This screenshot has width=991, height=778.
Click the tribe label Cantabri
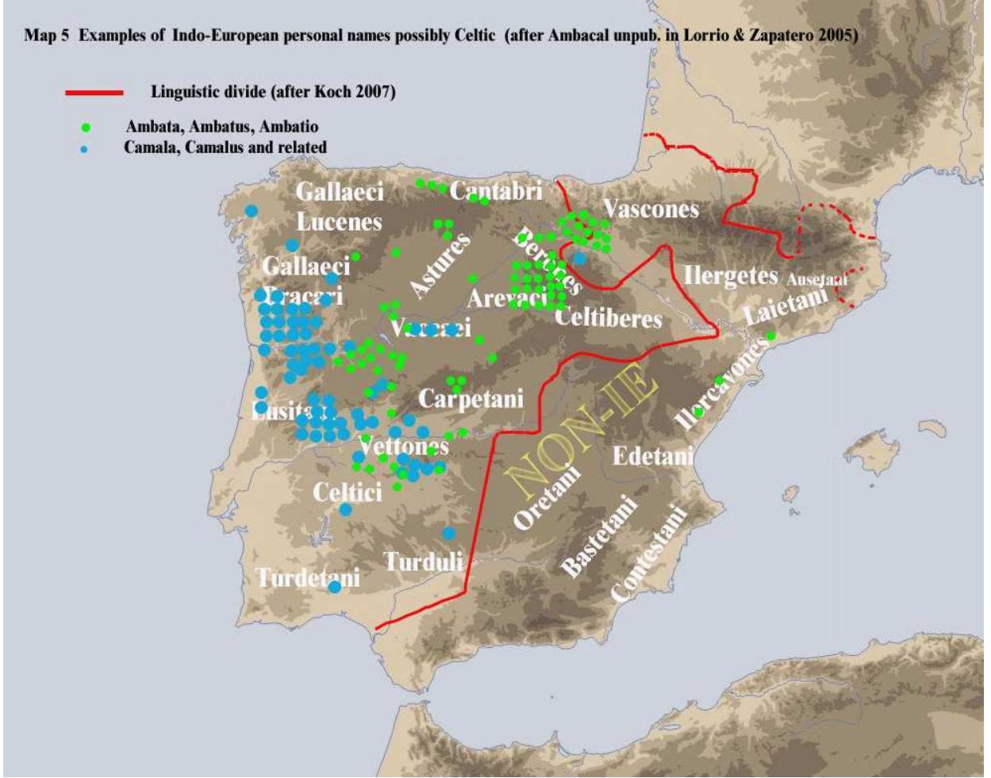[x=496, y=191]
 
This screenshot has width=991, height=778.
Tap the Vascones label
[x=651, y=209]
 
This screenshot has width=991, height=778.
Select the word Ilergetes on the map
[x=731, y=276]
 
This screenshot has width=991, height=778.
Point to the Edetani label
[x=653, y=456]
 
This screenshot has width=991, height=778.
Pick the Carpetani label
[x=471, y=398]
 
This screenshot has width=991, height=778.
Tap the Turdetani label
[x=308, y=577]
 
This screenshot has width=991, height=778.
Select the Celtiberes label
[x=608, y=318]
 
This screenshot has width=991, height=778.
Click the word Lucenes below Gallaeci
[x=339, y=222]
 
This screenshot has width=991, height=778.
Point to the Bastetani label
[x=599, y=535]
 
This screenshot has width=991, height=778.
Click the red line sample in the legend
[x=94, y=93]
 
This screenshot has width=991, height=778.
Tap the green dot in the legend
[x=86, y=127]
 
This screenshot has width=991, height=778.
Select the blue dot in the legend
[x=84, y=148]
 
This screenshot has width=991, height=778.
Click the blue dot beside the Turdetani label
[x=335, y=587]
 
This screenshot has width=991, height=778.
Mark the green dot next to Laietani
[x=770, y=335]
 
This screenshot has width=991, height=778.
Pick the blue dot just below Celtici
[x=346, y=509]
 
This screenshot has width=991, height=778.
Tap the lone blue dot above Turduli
[x=449, y=534]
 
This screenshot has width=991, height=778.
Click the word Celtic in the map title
[x=476, y=36]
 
